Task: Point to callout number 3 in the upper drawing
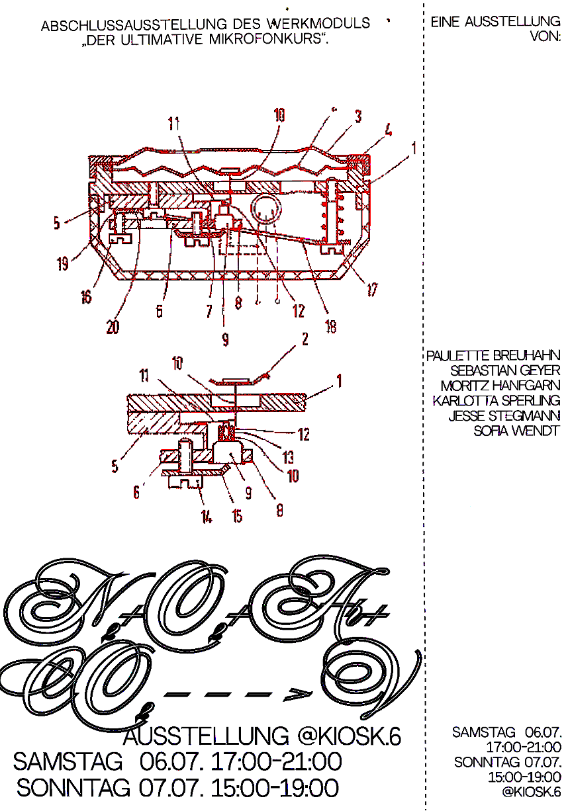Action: coord(357,117)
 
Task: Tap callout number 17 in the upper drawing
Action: coord(372,289)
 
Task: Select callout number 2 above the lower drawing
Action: coord(305,340)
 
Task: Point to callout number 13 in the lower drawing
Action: coord(289,458)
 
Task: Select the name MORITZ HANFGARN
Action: coord(500,386)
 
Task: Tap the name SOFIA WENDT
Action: coord(516,431)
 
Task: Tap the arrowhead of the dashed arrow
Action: coord(293,695)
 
